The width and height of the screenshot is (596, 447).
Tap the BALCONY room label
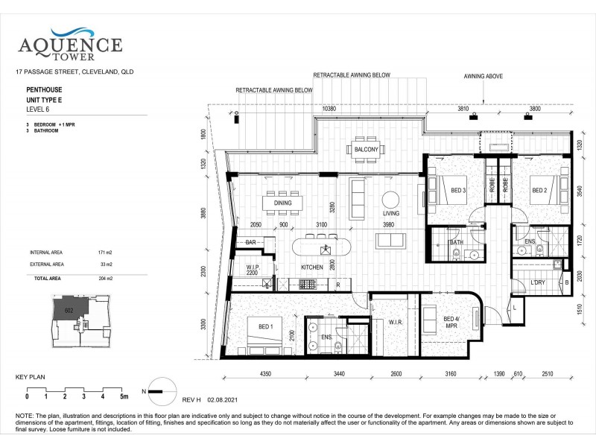tap(366, 150)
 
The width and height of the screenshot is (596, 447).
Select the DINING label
tap(282, 203)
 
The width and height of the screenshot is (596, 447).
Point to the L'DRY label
tap(538, 282)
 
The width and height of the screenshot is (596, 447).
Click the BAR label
tap(250, 243)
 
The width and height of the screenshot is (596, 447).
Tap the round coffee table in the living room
tap(391, 200)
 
